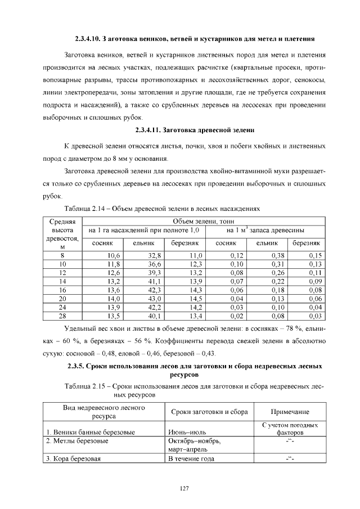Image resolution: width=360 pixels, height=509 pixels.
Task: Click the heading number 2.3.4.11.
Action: pos(148,131)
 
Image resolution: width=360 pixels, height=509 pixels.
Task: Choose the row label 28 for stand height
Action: pos(62,316)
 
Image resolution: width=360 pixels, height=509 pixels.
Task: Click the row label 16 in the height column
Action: pos(62,290)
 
